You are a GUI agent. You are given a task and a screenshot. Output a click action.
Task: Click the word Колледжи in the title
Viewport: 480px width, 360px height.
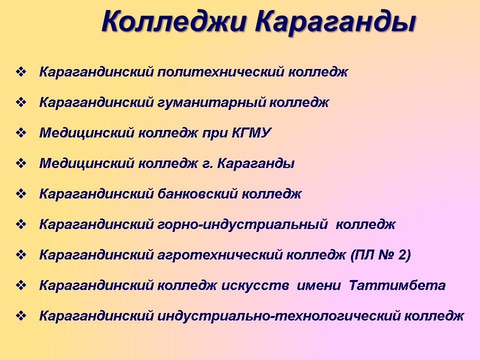pos(174,21)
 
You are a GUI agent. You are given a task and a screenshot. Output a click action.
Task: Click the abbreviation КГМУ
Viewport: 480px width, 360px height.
pos(251,133)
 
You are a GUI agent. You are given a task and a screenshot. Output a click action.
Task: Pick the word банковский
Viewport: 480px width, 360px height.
pos(197,194)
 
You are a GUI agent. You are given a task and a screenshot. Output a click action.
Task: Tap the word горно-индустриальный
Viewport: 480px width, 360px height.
pos(242,224)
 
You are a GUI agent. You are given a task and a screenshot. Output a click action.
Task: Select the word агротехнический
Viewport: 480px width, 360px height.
pos(219,255)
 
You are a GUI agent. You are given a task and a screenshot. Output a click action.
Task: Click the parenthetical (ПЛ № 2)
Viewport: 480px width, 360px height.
pos(380,255)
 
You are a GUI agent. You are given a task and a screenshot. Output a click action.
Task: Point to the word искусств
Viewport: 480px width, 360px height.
pos(254,285)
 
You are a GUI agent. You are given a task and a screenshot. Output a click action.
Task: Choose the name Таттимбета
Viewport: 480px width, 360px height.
pos(397,285)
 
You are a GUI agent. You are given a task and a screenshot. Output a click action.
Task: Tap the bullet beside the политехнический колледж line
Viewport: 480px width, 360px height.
pos(21,72)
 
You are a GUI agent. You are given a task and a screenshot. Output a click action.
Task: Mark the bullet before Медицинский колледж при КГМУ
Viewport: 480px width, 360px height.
pos(21,133)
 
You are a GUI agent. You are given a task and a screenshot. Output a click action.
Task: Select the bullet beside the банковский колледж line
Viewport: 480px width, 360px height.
pos(21,194)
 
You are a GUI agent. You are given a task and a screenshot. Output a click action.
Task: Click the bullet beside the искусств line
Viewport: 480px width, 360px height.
pos(21,285)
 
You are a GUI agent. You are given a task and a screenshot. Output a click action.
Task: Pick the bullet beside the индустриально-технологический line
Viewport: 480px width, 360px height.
pos(21,316)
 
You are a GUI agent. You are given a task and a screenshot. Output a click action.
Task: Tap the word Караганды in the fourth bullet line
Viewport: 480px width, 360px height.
pos(255,164)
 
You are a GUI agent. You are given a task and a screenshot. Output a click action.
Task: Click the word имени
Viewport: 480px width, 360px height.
pos(318,285)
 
